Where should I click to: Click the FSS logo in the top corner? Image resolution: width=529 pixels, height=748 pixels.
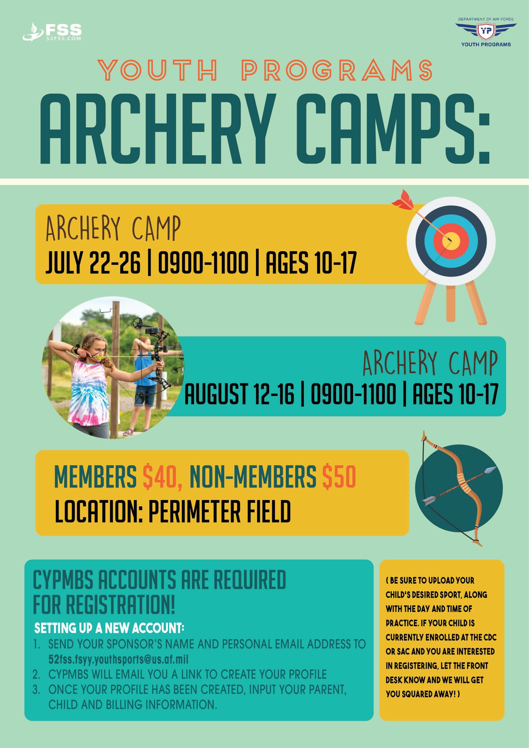(52, 32)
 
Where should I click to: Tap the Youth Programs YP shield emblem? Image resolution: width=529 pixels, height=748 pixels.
(486, 31)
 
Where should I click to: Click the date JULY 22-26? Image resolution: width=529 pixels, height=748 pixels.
(93, 262)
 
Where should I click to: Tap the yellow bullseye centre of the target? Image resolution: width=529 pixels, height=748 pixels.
(451, 241)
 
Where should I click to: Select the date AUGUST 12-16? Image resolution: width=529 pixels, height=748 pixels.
(239, 394)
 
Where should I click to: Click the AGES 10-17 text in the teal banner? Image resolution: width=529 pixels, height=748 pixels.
(456, 394)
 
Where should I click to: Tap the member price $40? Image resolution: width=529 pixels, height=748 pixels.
(162, 476)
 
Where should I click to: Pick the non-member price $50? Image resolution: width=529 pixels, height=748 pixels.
(339, 476)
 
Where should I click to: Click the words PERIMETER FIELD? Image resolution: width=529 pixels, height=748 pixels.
(219, 511)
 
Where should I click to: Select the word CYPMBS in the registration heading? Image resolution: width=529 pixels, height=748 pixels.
(63, 580)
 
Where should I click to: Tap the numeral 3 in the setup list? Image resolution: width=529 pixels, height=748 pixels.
(36, 690)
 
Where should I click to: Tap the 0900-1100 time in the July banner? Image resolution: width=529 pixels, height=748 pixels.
(203, 262)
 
